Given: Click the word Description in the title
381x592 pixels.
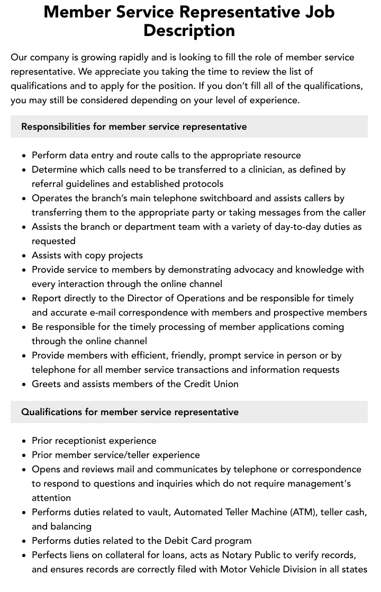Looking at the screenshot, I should point(189,30).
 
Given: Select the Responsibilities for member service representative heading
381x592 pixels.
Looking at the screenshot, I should point(134,127).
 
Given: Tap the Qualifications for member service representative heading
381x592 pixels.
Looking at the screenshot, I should point(130,412).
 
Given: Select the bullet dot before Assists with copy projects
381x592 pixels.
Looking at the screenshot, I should point(24,256).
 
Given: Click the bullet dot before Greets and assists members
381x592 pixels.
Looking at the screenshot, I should point(24,384).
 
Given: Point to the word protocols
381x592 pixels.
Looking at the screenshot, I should point(203,184).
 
